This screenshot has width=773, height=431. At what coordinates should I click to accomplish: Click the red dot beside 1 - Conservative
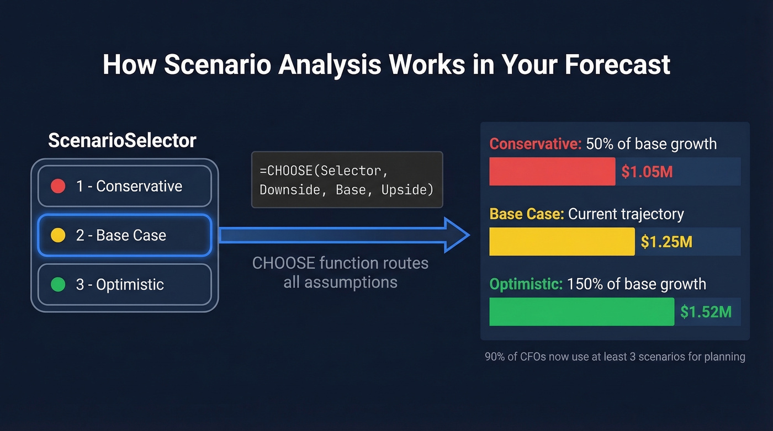pos(58,187)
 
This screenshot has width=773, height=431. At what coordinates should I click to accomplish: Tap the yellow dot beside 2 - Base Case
pos(58,236)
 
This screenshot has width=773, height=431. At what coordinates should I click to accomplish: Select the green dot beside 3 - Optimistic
pos(58,285)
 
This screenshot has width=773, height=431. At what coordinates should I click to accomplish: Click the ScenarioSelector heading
pos(122,141)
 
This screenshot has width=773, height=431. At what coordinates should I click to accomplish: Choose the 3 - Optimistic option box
pos(124,285)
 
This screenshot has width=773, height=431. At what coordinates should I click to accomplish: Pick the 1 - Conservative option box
pos(124,187)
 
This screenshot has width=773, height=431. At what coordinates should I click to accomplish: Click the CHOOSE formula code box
pos(347,180)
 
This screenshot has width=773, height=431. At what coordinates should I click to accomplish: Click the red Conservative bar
pos(552,172)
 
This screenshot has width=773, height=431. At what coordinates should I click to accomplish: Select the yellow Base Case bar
pos(562,242)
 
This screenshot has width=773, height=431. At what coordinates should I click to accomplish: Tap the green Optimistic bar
pos(581,312)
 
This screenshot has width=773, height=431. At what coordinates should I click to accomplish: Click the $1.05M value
pos(647,172)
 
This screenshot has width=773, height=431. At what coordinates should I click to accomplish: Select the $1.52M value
pos(706,312)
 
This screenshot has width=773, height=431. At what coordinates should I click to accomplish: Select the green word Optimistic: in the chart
pos(526,284)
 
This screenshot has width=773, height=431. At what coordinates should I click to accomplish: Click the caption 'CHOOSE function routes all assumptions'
pos(340,273)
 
